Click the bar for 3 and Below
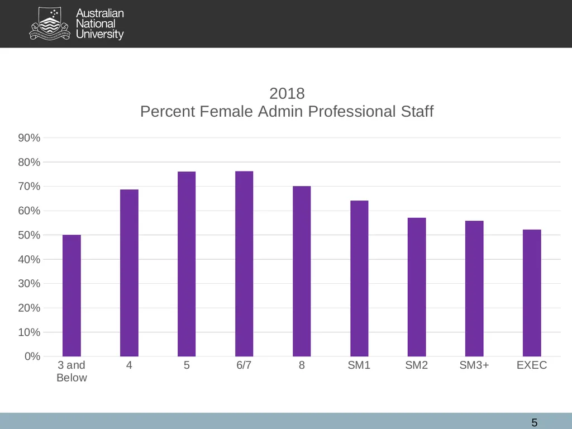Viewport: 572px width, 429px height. click(x=71, y=295)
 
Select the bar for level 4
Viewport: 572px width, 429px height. click(x=129, y=273)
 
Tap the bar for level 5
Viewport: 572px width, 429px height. click(x=187, y=264)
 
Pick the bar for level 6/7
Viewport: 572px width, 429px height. click(x=244, y=264)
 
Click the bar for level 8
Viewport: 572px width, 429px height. click(x=302, y=271)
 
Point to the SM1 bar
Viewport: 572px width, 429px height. click(x=359, y=278)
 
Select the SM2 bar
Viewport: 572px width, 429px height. click(x=417, y=287)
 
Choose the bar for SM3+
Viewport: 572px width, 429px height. click(x=474, y=289)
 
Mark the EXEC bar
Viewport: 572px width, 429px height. click(x=532, y=293)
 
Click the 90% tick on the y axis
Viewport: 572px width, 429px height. click(x=29, y=138)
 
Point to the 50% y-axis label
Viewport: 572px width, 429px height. click(x=29, y=235)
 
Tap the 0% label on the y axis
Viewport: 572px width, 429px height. click(x=32, y=356)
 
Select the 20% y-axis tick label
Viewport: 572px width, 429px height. click(x=29, y=308)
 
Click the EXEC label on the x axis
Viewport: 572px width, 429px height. click(x=532, y=365)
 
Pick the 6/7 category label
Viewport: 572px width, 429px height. click(x=244, y=365)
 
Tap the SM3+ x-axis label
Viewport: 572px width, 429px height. click(x=474, y=365)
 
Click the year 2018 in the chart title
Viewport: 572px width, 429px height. click(x=287, y=94)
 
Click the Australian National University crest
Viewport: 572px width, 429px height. click(x=49, y=23)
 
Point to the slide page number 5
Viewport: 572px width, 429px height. click(x=535, y=422)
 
